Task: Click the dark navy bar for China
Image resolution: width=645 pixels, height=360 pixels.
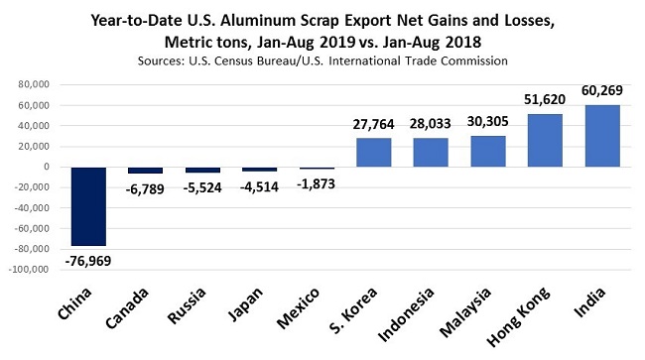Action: coord(88,205)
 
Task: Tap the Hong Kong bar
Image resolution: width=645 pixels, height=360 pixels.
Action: coord(545,140)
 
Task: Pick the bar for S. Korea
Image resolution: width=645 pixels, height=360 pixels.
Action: coord(373,152)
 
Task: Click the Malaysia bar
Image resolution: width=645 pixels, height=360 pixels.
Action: coord(487,151)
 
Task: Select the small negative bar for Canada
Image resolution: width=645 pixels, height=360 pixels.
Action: coord(146,171)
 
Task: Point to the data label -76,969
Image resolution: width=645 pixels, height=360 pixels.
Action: coord(87,260)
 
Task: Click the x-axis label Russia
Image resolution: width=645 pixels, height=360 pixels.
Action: coord(188,307)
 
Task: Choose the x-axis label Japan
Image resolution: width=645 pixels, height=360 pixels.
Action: coord(246,306)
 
